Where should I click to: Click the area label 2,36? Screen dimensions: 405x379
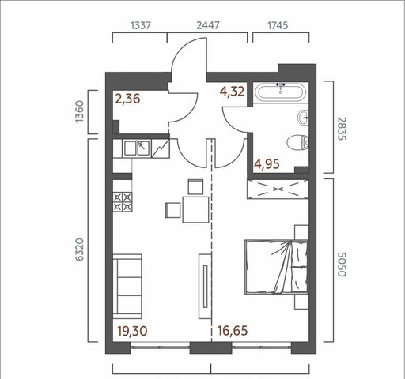point(127,99)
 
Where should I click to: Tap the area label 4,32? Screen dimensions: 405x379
point(233,92)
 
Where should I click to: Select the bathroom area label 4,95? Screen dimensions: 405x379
point(267,164)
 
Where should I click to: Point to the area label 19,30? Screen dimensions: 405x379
point(132,331)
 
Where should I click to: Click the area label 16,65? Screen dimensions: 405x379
point(233,331)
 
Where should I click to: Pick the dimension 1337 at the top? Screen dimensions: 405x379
point(141,25)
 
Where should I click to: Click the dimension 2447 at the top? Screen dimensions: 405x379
point(208,25)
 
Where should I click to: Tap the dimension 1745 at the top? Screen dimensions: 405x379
point(278,25)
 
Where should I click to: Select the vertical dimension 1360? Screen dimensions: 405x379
point(79,111)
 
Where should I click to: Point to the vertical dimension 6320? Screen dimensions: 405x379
point(79,250)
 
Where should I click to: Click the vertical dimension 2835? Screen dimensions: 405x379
point(342,129)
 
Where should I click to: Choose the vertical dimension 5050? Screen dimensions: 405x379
point(342,265)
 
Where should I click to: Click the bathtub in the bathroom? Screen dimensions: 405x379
point(281,92)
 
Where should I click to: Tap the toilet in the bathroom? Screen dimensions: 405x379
point(297,143)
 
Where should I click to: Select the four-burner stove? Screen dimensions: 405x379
point(123,201)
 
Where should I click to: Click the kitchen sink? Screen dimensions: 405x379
point(137,148)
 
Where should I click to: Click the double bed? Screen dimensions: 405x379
point(276,267)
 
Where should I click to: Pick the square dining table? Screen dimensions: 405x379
point(195,209)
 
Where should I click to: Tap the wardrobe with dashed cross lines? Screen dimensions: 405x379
point(278,189)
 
